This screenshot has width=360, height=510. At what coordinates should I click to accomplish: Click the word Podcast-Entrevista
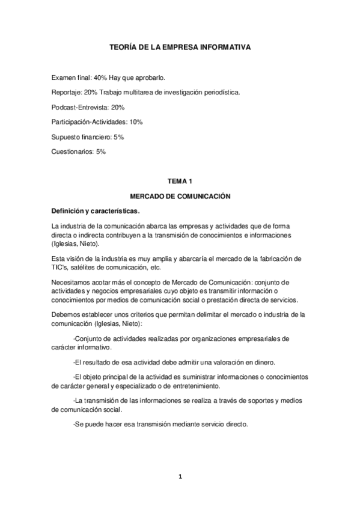[x=81, y=106]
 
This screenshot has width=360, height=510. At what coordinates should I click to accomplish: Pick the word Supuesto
[x=67, y=137]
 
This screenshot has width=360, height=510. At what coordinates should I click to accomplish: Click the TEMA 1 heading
[x=180, y=181]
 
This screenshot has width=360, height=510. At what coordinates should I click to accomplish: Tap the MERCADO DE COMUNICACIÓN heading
[x=180, y=196]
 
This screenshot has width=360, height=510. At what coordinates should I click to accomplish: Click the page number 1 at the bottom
[x=180, y=477]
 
